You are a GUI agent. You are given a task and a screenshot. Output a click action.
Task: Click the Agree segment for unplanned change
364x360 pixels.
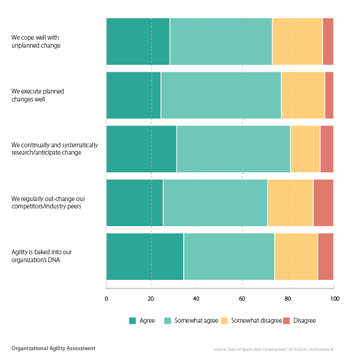pyautogui.click(x=138, y=42)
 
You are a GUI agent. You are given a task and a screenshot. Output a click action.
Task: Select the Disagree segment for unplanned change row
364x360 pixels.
pyautogui.click(x=328, y=42)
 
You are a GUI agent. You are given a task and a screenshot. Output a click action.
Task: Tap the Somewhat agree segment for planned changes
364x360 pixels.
pyautogui.click(x=220, y=95)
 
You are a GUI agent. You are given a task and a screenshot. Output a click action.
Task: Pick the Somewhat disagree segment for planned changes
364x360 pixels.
pyautogui.click(x=303, y=95)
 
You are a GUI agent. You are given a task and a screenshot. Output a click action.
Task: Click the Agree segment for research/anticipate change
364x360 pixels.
pyautogui.click(x=142, y=149)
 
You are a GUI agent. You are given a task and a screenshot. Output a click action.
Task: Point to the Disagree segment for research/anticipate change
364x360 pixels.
pyautogui.click(x=327, y=149)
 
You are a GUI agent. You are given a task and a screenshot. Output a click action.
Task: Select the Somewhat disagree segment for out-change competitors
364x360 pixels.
pyautogui.click(x=290, y=202)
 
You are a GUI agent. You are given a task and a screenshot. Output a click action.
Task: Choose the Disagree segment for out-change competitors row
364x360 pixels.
pyautogui.click(x=323, y=202)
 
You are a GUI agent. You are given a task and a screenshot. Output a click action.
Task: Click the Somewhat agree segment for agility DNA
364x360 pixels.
pyautogui.click(x=229, y=256)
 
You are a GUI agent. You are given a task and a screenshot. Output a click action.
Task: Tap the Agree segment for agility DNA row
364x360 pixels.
pyautogui.click(x=145, y=256)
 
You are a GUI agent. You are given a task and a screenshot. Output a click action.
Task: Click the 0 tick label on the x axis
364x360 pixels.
pyautogui.click(x=106, y=298)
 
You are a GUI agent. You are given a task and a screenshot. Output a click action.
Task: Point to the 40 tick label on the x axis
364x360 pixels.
pyautogui.click(x=197, y=298)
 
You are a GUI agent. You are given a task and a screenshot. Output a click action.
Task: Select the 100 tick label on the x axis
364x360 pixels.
pyautogui.click(x=335, y=298)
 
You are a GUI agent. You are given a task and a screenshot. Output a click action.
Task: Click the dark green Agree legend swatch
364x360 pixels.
pyautogui.click(x=133, y=320)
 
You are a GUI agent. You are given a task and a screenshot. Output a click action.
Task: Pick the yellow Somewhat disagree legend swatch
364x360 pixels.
pyautogui.click(x=224, y=320)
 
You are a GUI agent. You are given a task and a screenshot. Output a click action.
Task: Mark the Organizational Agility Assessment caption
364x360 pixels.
pyautogui.click(x=53, y=348)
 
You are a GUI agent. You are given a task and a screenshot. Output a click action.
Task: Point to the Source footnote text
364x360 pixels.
pyautogui.click(x=273, y=350)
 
